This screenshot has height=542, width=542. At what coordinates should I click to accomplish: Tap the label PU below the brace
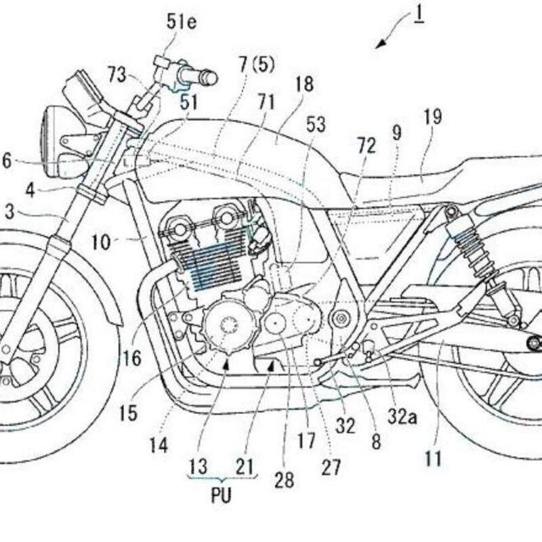click(221, 495)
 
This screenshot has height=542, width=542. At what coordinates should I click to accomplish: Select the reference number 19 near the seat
click(432, 117)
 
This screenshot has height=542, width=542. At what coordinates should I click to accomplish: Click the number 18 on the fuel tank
click(304, 84)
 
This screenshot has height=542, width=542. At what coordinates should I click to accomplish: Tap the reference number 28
click(285, 480)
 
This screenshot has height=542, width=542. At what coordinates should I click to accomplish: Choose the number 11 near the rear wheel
click(433, 460)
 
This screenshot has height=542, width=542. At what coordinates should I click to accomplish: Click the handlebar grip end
click(209, 78)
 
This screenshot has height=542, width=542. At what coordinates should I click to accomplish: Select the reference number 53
click(315, 125)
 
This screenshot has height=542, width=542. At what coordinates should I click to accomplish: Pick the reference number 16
click(132, 358)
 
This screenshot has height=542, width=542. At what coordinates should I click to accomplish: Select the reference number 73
click(117, 75)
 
